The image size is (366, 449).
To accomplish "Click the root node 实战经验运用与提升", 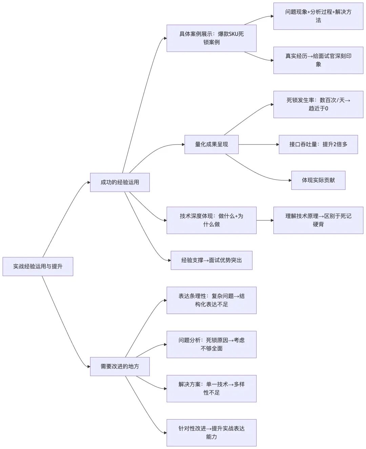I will [38, 267].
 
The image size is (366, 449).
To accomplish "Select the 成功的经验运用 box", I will [120, 182].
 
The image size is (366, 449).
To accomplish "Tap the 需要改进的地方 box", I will [120, 367].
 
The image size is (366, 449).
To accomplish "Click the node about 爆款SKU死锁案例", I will [211, 38].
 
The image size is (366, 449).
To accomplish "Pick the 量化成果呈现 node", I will [211, 144].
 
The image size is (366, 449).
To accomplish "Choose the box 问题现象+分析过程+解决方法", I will [318, 16].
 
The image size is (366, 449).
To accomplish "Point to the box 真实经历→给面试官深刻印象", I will [318, 60].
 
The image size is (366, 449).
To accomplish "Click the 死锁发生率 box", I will [318, 104].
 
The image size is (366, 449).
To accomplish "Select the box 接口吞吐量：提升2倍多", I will [318, 144].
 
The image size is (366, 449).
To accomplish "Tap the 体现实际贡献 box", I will [318, 180].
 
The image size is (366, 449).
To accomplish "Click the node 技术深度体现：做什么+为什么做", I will [211, 220].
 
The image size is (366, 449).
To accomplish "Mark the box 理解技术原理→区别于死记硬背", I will [318, 220].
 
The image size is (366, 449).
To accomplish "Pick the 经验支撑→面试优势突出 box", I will [211, 260].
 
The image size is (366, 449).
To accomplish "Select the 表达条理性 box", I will [211, 300].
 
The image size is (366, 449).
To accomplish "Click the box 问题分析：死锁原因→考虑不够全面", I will [211, 344].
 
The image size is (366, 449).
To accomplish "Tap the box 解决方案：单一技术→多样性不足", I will [211, 389].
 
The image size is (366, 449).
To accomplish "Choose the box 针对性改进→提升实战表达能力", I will [211, 433].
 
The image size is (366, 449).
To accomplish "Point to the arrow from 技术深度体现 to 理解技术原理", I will [265, 220].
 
